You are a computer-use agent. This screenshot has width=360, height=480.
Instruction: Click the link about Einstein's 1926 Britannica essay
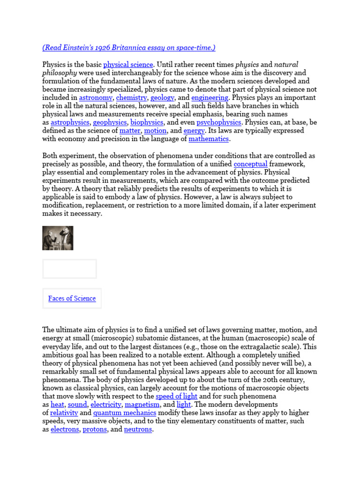click(x=129, y=48)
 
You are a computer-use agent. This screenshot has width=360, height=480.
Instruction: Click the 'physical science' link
click(x=128, y=65)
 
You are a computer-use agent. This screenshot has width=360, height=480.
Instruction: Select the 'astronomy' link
click(x=96, y=97)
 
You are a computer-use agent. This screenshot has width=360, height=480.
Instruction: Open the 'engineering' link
click(x=210, y=97)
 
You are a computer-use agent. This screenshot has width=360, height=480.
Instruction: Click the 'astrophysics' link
click(x=70, y=122)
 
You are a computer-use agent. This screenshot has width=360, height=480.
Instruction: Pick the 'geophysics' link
click(x=110, y=122)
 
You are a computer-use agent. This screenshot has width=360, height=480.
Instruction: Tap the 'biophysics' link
click(x=147, y=122)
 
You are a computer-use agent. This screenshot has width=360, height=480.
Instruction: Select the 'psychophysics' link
click(x=219, y=122)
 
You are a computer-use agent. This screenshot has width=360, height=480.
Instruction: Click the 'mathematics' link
click(x=209, y=139)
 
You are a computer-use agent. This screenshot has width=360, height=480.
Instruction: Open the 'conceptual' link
click(x=250, y=164)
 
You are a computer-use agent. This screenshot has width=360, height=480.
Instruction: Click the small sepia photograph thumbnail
click(x=58, y=238)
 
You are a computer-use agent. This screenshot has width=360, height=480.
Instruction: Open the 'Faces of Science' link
click(x=72, y=299)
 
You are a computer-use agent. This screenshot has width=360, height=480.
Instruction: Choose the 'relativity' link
click(x=64, y=413)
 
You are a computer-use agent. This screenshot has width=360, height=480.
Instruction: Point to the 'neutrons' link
click(x=138, y=429)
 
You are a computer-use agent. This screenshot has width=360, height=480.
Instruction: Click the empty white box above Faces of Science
click(x=69, y=269)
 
